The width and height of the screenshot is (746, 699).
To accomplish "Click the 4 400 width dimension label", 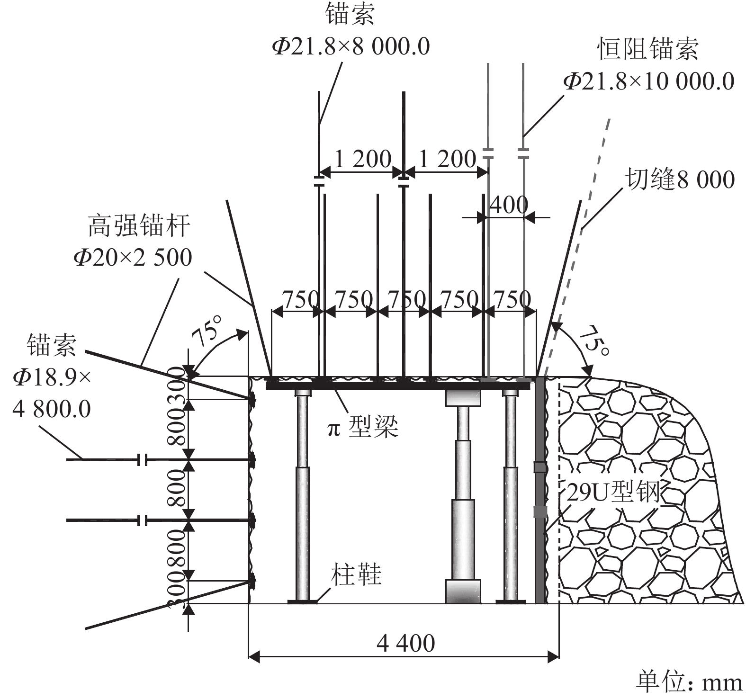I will (405, 644).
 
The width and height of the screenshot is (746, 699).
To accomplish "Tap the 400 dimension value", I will (508, 205).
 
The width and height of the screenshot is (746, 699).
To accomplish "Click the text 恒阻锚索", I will (647, 49).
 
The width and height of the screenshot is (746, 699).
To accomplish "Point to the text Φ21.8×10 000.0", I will (648, 81).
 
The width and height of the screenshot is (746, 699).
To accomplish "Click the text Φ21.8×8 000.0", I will (351, 46).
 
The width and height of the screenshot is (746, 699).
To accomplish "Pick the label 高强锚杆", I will (139, 226).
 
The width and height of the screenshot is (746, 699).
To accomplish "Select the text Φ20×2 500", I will (133, 258).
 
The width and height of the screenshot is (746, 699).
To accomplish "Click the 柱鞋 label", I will (356, 574).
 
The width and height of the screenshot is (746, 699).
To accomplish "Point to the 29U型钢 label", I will (613, 493).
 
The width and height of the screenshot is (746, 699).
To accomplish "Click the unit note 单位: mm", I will (689, 682).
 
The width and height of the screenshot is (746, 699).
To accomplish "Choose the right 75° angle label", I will (595, 341).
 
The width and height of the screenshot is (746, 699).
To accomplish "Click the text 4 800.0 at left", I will (52, 409).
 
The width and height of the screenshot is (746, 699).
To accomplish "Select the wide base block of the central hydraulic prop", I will (463, 591).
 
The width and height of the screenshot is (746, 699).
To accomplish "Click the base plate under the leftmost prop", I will (302, 601).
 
